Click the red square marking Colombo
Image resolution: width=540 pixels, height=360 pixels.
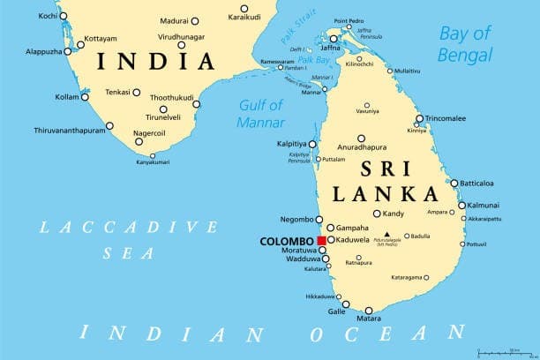[x=323, y=240]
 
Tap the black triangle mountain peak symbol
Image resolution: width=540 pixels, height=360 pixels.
[x=386, y=235]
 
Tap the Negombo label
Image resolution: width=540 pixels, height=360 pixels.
[x=295, y=219]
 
